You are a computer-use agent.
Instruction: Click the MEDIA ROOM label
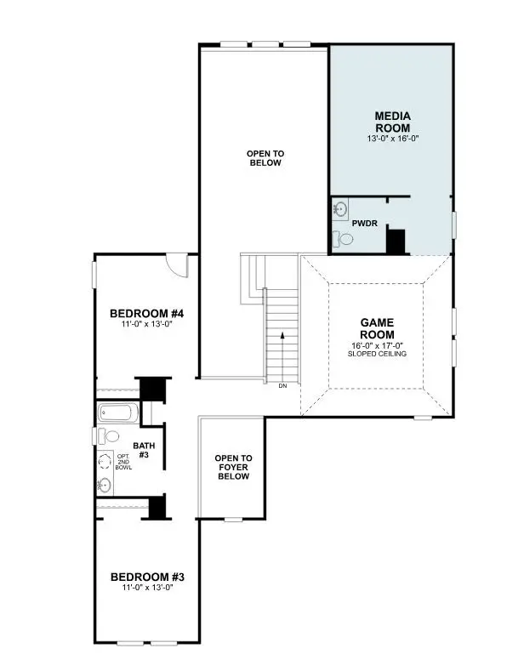tap(392, 122)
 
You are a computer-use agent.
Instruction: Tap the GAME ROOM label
tap(377, 329)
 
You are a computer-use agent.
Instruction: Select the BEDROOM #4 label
tap(147, 314)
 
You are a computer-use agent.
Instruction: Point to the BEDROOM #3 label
tap(147, 577)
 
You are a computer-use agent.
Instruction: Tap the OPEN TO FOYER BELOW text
tap(232, 467)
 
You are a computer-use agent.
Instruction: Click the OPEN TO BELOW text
tap(265, 158)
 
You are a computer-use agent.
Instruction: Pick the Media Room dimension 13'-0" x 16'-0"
tap(392, 138)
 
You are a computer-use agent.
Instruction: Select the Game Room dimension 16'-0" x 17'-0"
tap(377, 345)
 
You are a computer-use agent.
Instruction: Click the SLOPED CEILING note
tap(377, 354)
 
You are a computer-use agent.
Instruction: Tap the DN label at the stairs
tap(282, 386)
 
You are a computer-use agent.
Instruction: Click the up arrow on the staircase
tap(282, 340)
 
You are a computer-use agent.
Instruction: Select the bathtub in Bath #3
tap(117, 414)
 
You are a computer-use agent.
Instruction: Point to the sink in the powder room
tap(340, 208)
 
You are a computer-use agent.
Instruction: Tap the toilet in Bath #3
tap(105, 435)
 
